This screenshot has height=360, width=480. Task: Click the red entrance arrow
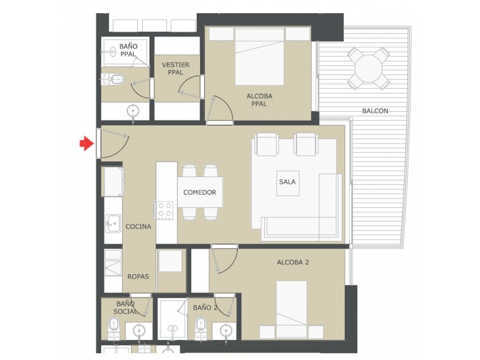[x=87, y=143]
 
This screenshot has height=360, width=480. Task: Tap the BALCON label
[x=375, y=111]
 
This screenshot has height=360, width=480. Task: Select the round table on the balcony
[x=369, y=69]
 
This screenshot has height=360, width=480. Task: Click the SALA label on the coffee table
[x=287, y=182]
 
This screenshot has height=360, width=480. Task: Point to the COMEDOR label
[x=200, y=192]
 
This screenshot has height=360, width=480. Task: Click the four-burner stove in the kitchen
[x=164, y=210]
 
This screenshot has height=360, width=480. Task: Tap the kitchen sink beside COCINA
[x=113, y=224]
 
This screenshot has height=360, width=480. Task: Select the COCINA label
[x=138, y=227]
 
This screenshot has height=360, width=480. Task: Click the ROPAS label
[x=138, y=277]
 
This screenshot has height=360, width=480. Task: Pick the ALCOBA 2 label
[x=293, y=262]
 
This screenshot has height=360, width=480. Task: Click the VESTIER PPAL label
[x=176, y=69]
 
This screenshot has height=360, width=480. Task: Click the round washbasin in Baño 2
[x=227, y=330]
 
